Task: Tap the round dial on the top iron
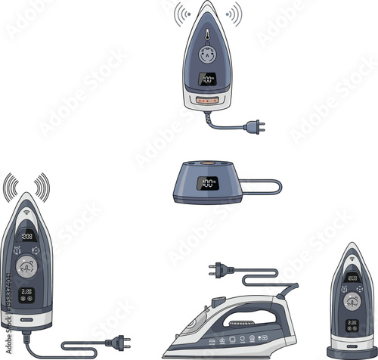tap(206, 55)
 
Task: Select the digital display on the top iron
tap(207, 79)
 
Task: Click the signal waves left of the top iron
tap(181, 14)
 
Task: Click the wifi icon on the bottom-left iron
tap(26, 214)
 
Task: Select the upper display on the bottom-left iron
tap(26, 235)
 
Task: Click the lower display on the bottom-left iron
tap(26, 291)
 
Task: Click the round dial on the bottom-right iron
tap(352, 300)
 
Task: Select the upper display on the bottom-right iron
tap(352, 278)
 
